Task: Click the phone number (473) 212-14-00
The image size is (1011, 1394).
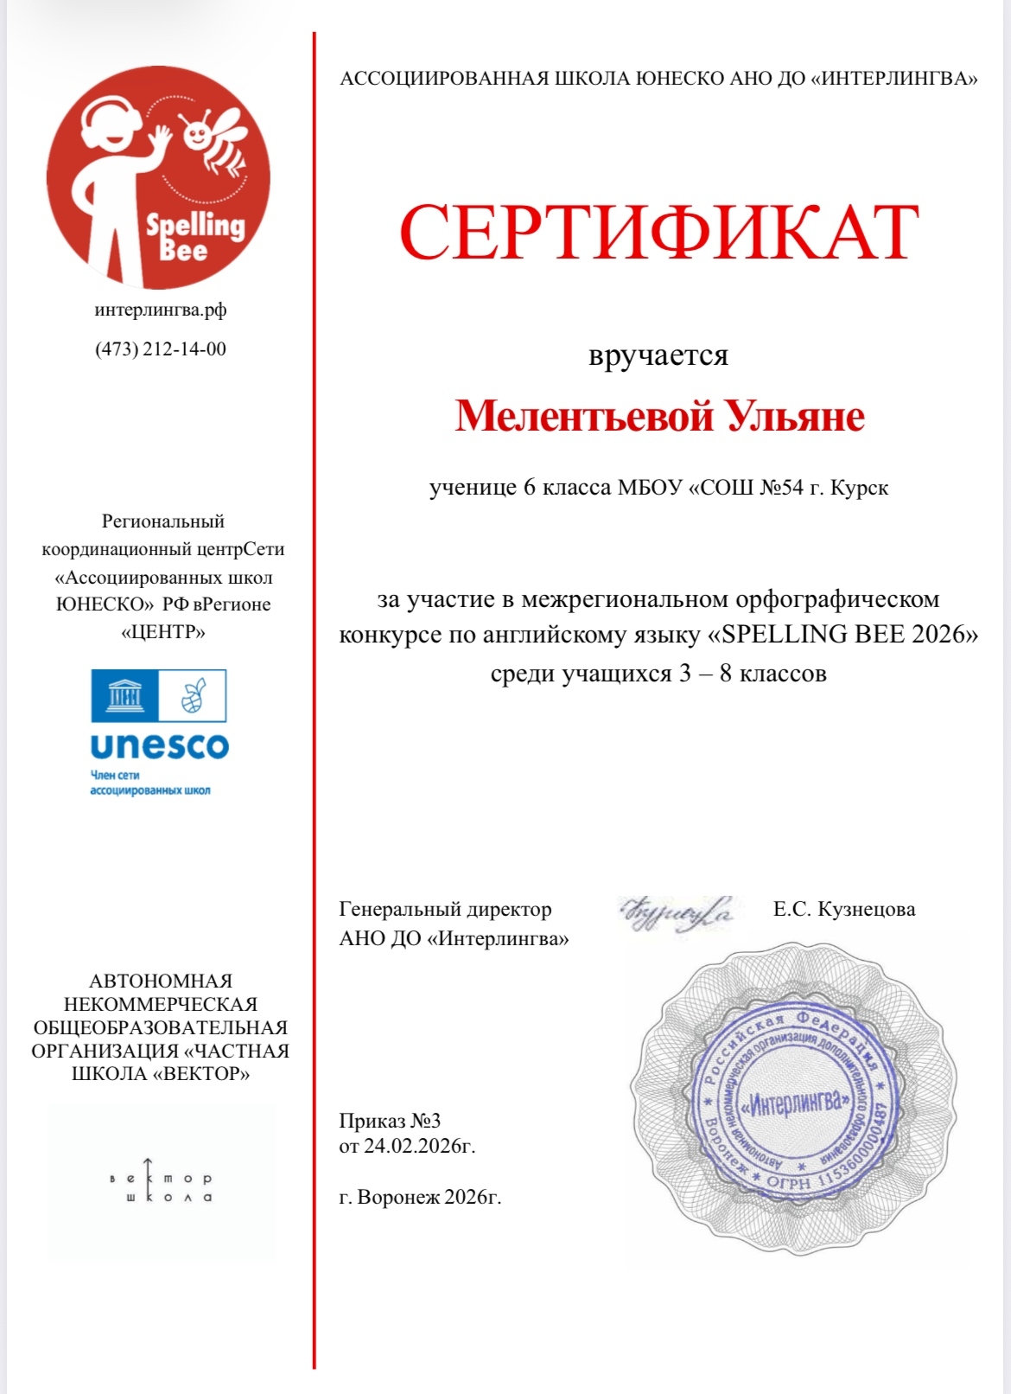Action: point(161,349)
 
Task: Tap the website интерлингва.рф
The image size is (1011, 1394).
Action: point(161,310)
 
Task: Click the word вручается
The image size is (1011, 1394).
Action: point(658,355)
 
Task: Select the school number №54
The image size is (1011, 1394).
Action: point(781,488)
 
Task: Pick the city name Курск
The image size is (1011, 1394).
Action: point(859,488)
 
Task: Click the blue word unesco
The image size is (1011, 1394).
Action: point(159,745)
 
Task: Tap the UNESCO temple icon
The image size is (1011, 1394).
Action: point(124,695)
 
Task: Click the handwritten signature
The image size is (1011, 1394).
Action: point(677,913)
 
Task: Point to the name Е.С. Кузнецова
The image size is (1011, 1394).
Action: point(844,909)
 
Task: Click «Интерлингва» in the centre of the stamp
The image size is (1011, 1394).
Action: point(797,1103)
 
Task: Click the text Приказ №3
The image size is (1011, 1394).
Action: point(390,1121)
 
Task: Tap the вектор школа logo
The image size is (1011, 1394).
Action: point(161,1180)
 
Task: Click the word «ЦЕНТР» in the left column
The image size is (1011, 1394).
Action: point(163,632)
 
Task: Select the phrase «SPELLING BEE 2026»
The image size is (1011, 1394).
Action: point(842,635)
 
